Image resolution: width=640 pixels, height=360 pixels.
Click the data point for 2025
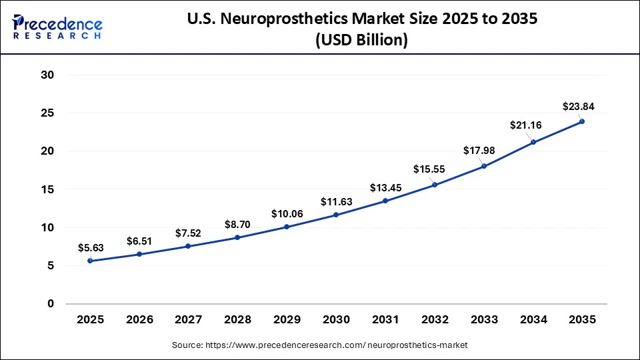tap(90, 261)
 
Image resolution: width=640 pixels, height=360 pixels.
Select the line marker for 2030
tap(336, 215)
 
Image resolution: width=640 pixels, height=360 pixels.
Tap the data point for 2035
tap(582, 121)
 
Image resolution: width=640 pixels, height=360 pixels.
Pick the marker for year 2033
tap(483, 166)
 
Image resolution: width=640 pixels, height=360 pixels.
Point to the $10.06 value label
tap(286, 213)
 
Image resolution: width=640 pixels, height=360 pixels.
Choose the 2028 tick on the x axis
tap(237, 320)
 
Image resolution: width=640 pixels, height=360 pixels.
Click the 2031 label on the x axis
tap(385, 320)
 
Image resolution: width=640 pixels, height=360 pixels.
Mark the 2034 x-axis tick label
tap(533, 320)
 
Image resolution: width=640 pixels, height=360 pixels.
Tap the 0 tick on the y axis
tap(50, 304)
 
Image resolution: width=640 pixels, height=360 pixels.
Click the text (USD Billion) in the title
tap(361, 40)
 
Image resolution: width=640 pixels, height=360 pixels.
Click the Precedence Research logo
tap(57, 28)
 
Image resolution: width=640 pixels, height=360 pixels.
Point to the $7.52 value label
tap(189, 233)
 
